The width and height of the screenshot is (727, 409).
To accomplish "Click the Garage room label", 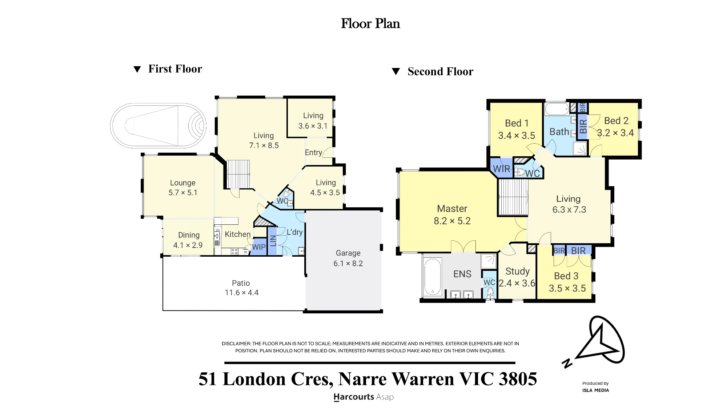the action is pyautogui.click(x=348, y=253).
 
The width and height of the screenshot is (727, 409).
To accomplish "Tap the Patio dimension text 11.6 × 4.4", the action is pyautogui.click(x=241, y=293).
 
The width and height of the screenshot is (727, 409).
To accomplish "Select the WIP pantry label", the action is pyautogui.click(x=259, y=247).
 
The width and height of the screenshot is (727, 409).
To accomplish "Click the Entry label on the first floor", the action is pyautogui.click(x=313, y=153).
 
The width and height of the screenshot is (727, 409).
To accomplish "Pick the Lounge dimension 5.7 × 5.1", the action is pyautogui.click(x=183, y=193).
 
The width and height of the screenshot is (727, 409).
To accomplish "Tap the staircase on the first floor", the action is pyautogui.click(x=238, y=175).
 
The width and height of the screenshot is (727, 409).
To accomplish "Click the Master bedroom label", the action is pyautogui.click(x=452, y=209).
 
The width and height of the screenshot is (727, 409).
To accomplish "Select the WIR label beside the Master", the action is pyautogui.click(x=501, y=169).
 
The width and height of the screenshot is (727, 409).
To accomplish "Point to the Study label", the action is pyautogui.click(x=517, y=271).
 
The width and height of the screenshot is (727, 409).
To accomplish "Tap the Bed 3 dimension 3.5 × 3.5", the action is pyautogui.click(x=567, y=288).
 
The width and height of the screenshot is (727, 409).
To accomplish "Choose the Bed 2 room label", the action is pyautogui.click(x=616, y=121).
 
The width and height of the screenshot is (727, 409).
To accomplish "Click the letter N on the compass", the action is pyautogui.click(x=567, y=363).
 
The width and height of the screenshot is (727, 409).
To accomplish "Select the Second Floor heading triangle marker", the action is pyautogui.click(x=396, y=72).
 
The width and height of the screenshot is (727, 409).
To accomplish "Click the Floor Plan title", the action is pyautogui.click(x=370, y=24).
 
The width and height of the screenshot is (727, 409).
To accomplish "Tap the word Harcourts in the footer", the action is pyautogui.click(x=354, y=397).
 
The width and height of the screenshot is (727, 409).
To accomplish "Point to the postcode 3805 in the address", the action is pyautogui.click(x=518, y=379).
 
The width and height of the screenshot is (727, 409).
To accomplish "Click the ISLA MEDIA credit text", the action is pyautogui.click(x=595, y=390).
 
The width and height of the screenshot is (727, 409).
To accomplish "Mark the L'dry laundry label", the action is pyautogui.click(x=294, y=232).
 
